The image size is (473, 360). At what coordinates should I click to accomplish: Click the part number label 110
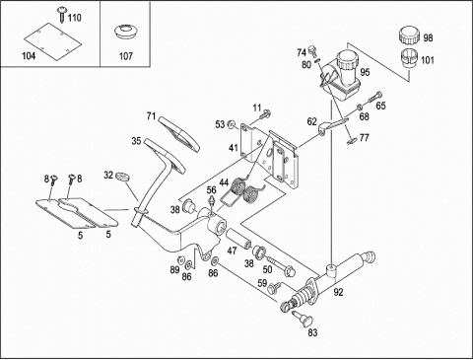coord(74,17)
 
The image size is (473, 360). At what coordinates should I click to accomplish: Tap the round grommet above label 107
coord(125,33)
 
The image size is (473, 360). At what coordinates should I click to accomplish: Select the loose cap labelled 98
coord(409,37)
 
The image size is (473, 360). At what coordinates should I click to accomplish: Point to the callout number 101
coord(428,60)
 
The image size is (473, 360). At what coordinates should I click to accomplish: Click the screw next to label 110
coord(61,14)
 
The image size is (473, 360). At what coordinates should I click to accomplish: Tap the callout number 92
coord(338,292)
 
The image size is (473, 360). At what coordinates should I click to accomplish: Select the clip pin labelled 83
coord(303,318)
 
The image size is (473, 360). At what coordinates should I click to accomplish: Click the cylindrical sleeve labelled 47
coord(238,239)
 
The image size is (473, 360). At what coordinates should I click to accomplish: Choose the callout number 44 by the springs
coord(224,182)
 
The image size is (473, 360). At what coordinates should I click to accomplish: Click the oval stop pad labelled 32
coord(122,176)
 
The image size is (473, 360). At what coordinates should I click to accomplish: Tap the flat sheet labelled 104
coord(52,41)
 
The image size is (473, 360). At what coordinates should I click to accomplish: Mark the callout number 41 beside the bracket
coord(234,148)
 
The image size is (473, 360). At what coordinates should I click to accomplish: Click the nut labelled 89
coord(180,259)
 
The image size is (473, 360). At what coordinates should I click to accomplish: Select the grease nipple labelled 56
coord(213,201)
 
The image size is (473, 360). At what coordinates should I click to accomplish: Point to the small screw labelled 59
coord(274,287)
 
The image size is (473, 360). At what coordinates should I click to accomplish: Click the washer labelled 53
coord(233,124)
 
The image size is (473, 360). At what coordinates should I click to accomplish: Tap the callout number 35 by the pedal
coord(136,141)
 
